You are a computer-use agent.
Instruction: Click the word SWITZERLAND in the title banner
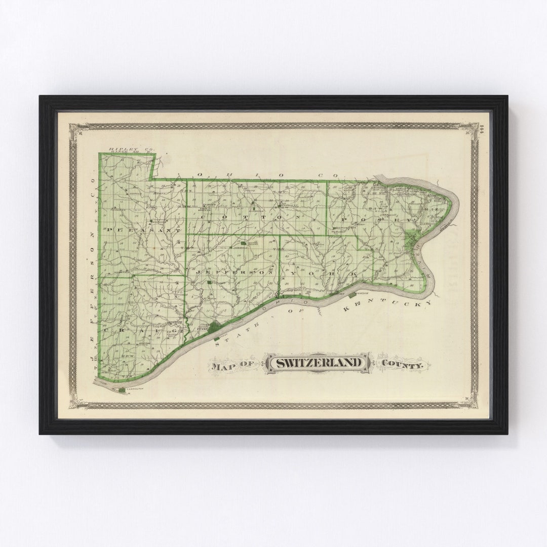319,363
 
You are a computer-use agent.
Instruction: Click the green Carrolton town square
122,389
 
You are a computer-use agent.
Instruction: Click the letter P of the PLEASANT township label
109,229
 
